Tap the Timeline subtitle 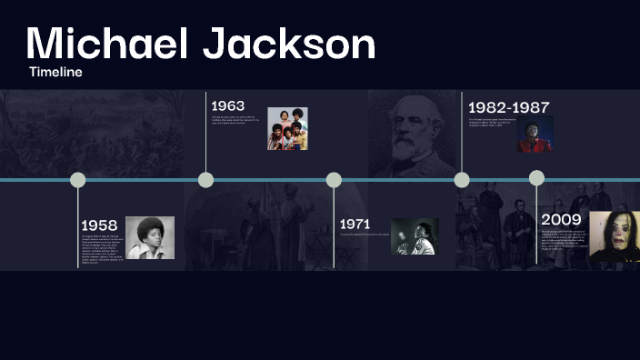coord(55,72)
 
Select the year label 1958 coord(99,225)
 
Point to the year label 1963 coord(227,106)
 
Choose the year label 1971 coord(355,224)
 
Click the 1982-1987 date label coord(508,107)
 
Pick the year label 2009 coord(561,219)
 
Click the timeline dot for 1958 coord(78,180)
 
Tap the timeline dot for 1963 coord(206,179)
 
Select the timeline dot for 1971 coord(334,180)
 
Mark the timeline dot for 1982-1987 coord(462,179)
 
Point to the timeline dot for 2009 coord(536,178)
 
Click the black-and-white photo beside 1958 coord(150,238)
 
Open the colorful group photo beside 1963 coord(287,128)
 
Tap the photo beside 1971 coord(415,236)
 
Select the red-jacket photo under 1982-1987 coord(535,135)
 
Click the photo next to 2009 coord(615,236)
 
